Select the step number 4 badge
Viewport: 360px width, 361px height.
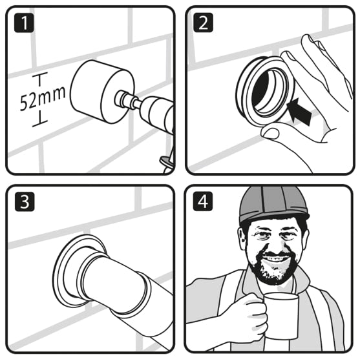coord(203,202)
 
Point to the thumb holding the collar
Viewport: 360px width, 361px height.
coord(271,132)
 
